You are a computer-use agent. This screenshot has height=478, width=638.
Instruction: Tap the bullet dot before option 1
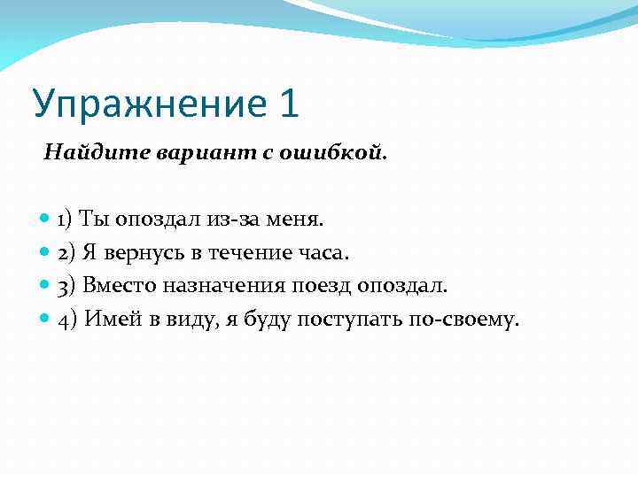click(x=46, y=219)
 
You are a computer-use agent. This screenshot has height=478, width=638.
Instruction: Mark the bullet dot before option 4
click(x=46, y=320)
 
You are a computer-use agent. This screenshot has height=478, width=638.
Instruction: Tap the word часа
click(x=323, y=252)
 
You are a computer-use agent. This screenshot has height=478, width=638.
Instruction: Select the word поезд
click(x=327, y=286)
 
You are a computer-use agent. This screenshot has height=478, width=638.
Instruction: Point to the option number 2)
click(x=67, y=252)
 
